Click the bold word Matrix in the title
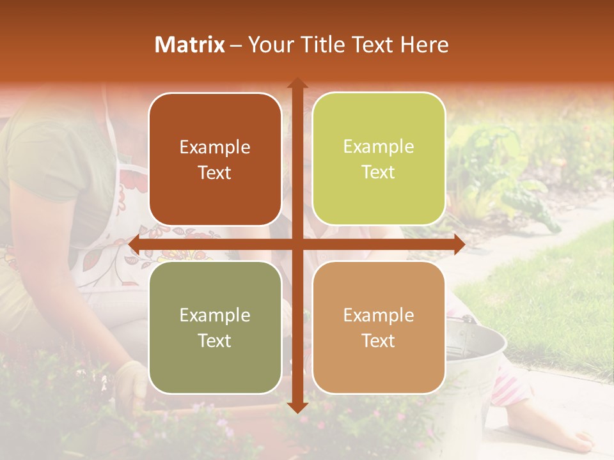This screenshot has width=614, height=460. click(190, 45)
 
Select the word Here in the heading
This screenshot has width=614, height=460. click(424, 45)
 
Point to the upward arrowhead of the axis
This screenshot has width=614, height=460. click(297, 83)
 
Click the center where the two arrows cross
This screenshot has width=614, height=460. click(297, 244)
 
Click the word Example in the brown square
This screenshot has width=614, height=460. click(215, 148)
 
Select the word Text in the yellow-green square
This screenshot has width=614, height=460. click(379, 172)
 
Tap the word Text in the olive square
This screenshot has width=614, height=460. click(215, 341)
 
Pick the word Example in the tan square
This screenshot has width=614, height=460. click(379, 315)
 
